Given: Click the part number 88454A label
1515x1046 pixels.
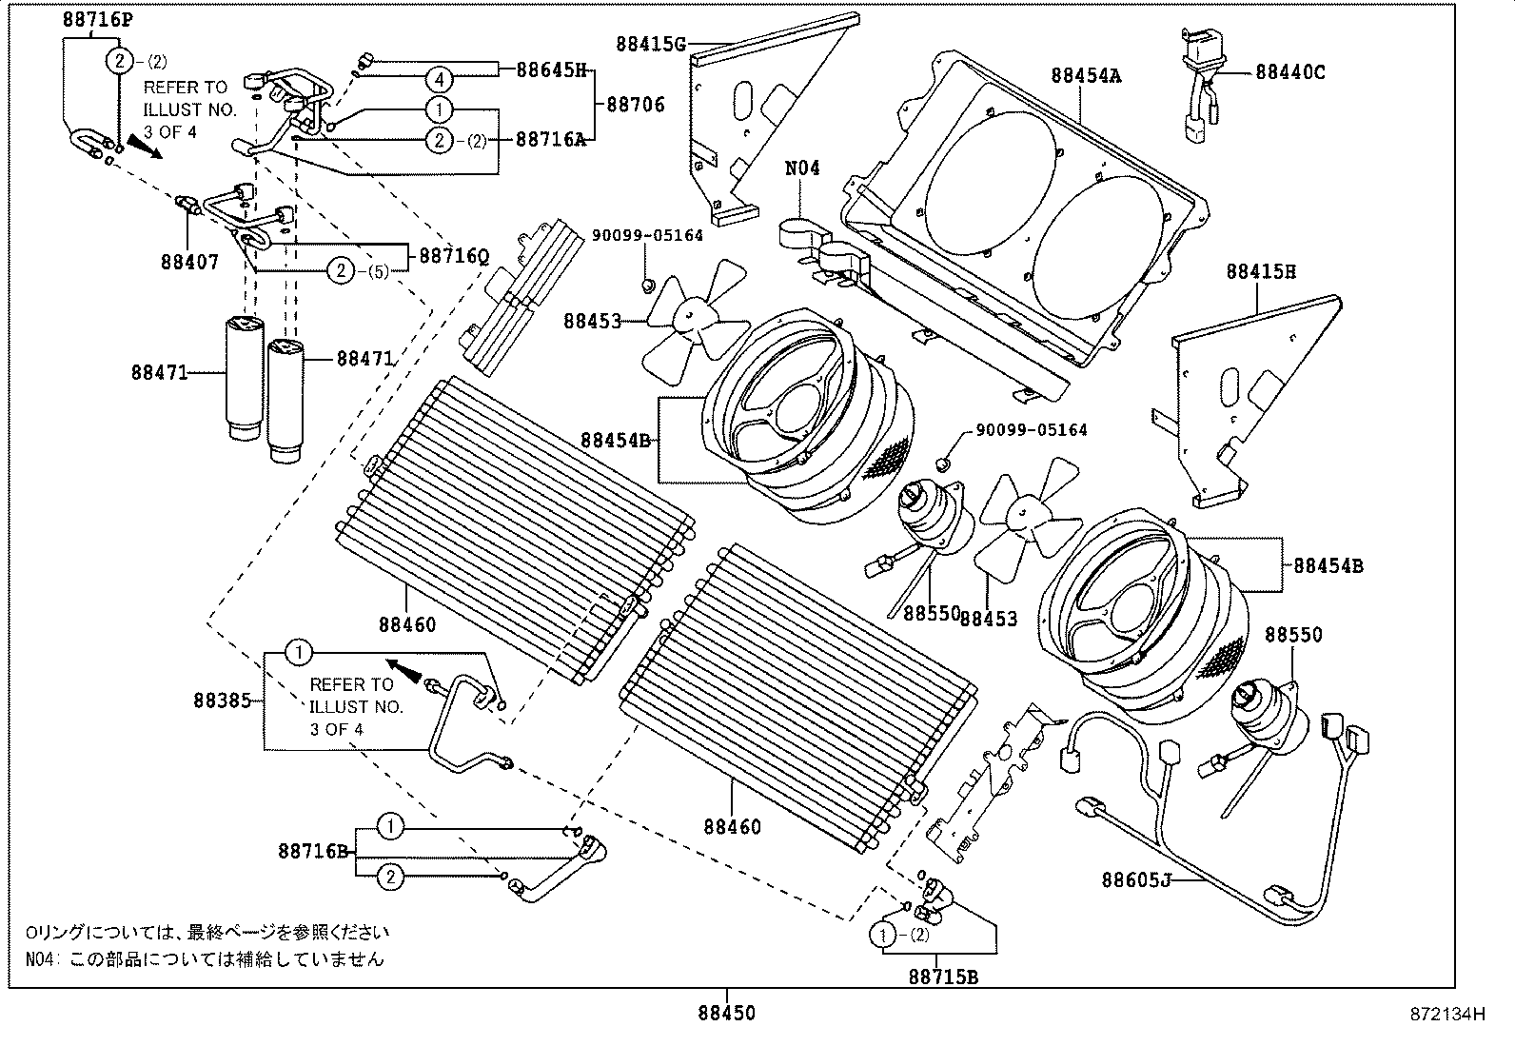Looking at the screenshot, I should click(1085, 76).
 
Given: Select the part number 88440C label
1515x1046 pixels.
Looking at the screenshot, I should click(1289, 71).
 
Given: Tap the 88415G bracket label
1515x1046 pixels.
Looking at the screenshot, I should click(651, 43).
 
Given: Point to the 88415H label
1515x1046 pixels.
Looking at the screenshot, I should click(1260, 271).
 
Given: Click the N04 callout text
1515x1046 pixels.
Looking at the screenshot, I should click(801, 168).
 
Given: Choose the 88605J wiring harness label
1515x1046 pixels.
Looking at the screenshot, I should click(1135, 879).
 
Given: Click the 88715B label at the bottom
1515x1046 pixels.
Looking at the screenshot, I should click(943, 977).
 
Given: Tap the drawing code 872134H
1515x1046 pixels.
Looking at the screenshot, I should click(1446, 1015).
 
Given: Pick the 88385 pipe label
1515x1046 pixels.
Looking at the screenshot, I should click(222, 701).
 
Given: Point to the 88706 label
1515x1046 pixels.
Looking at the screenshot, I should click(636, 104).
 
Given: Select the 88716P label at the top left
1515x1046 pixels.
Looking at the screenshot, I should click(98, 19).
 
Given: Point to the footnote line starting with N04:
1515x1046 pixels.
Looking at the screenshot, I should click(205, 958).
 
